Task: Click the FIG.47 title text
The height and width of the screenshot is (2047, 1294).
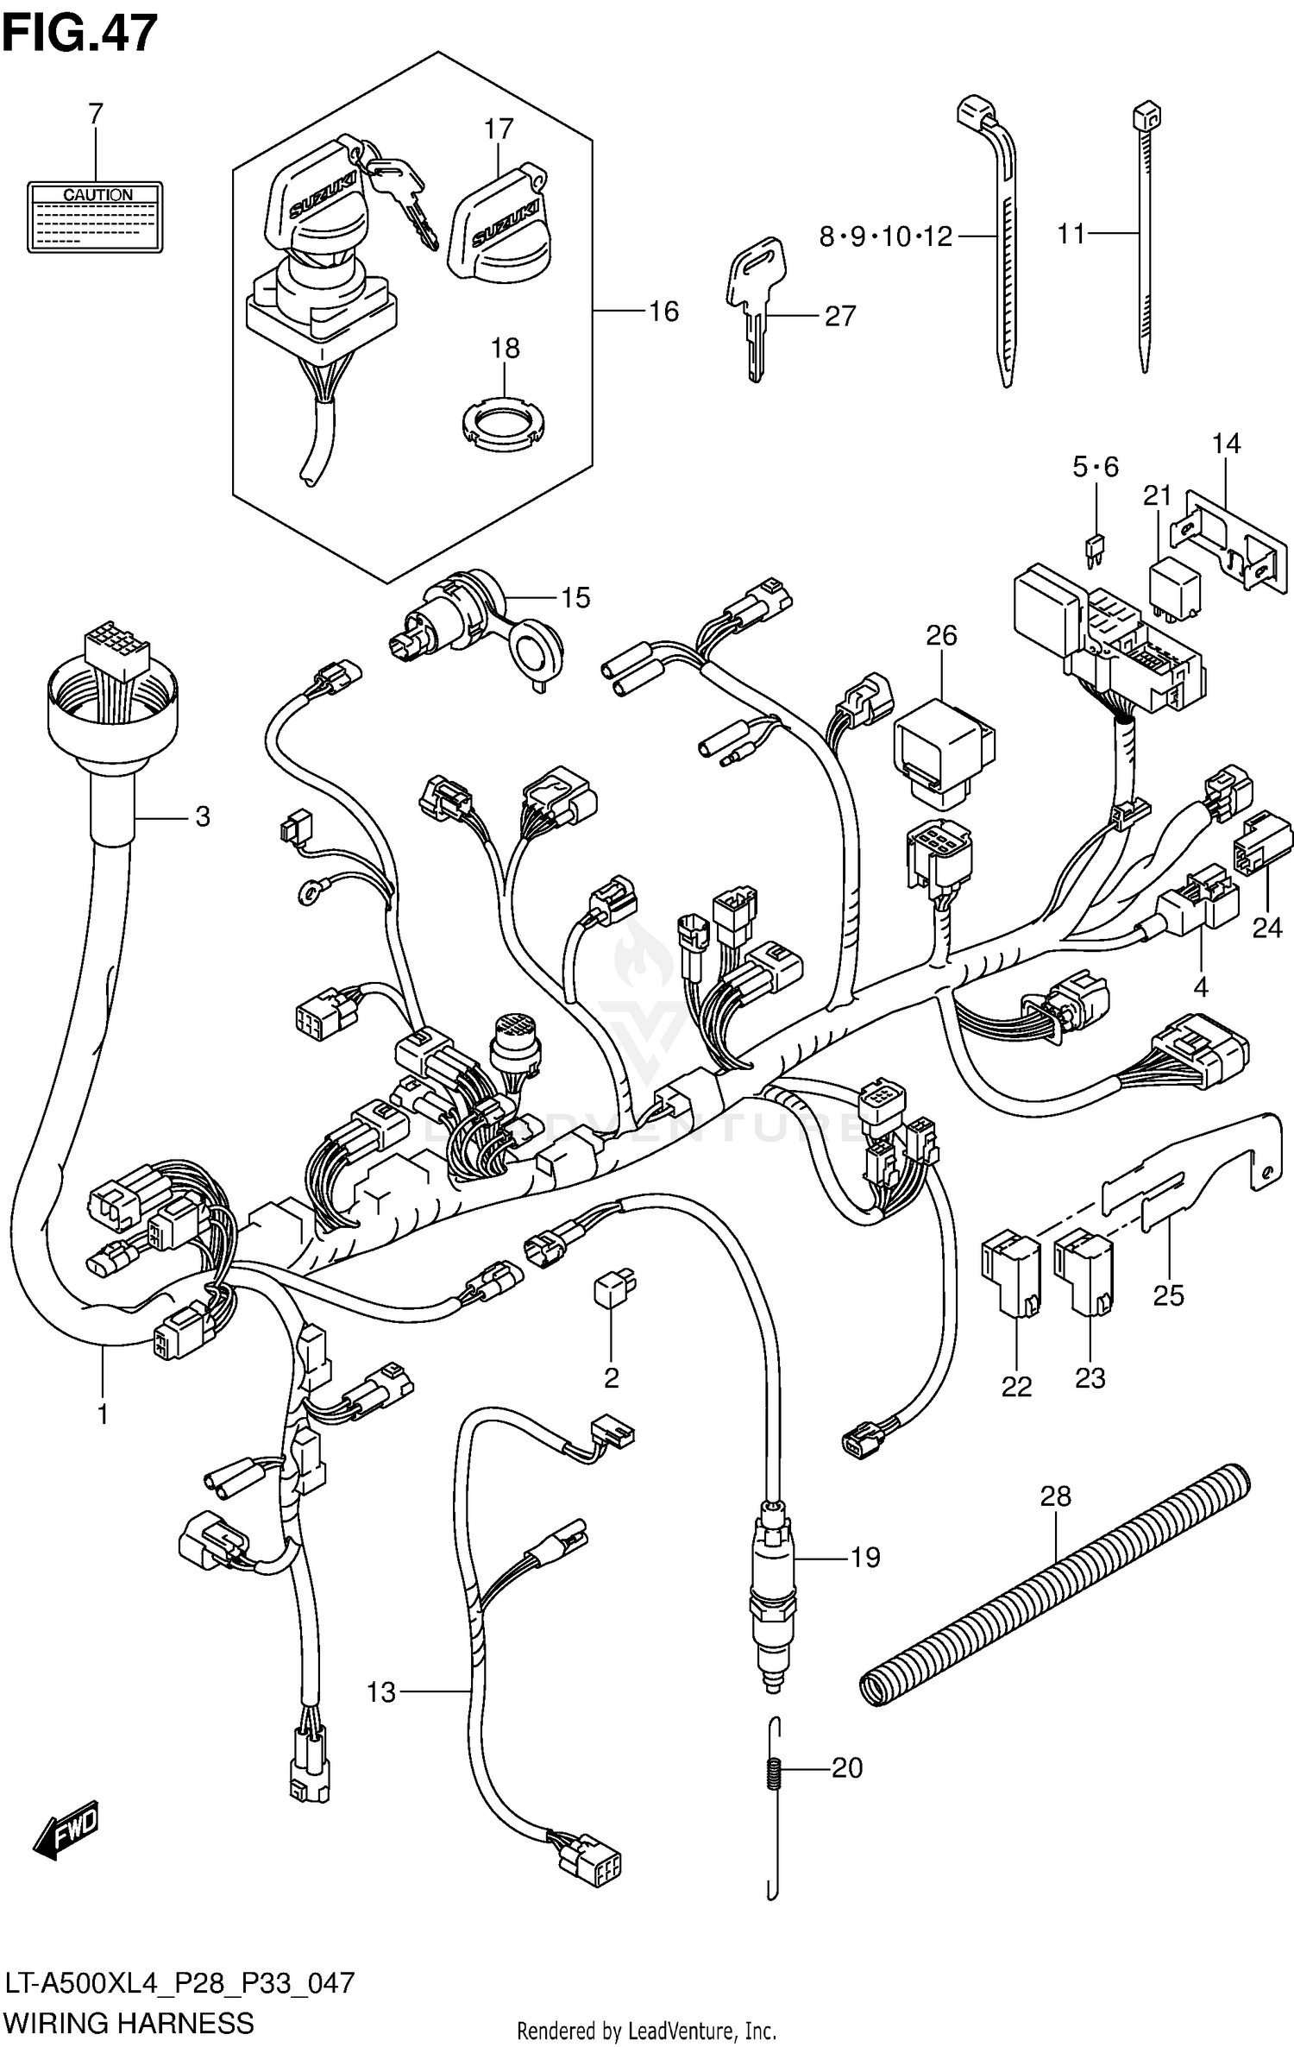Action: (79, 33)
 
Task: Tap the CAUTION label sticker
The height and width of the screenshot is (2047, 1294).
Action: (95, 217)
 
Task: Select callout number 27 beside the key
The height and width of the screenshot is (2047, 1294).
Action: (839, 316)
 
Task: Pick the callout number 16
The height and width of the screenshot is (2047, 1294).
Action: (663, 311)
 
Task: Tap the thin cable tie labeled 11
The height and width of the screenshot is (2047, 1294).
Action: (1146, 242)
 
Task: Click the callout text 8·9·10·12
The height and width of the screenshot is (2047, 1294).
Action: (885, 236)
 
